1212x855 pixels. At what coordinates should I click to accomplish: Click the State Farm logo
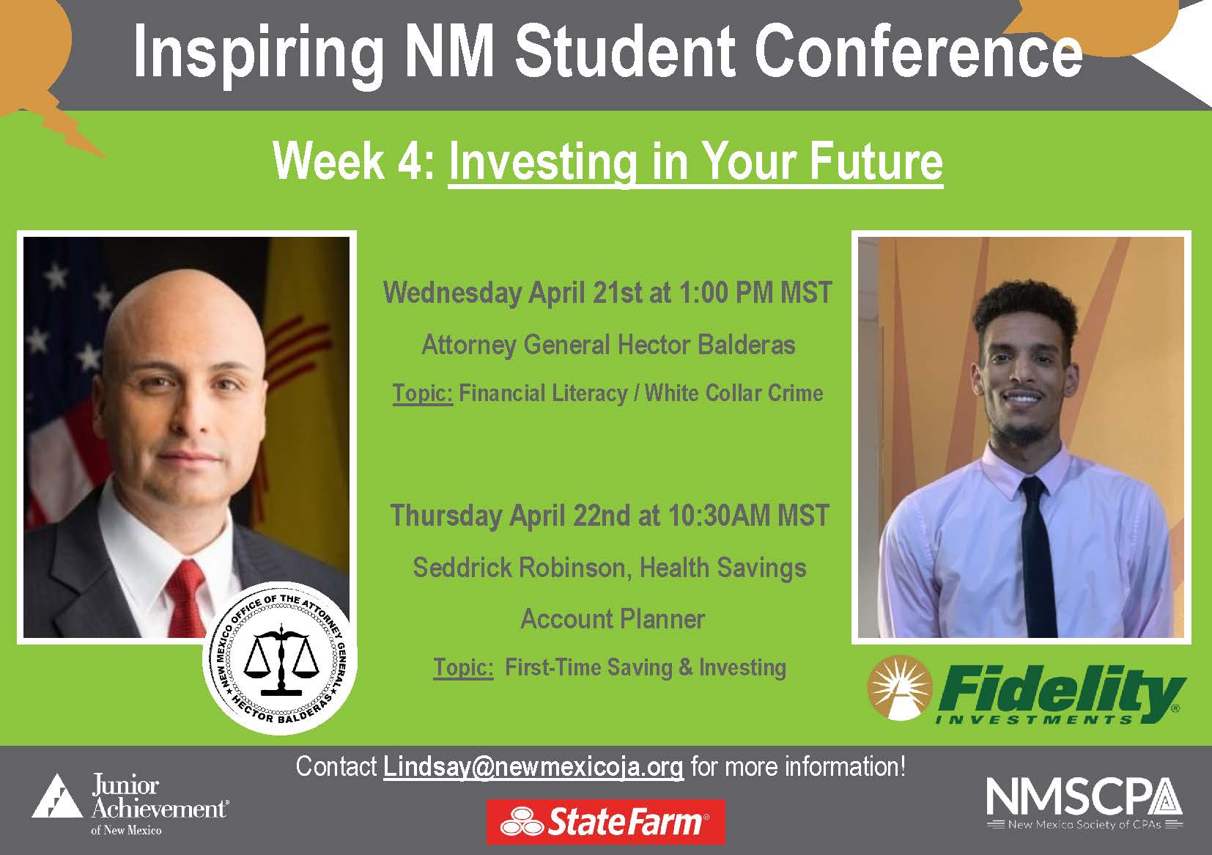[x=605, y=821]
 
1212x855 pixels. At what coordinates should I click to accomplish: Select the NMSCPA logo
[x=1084, y=803]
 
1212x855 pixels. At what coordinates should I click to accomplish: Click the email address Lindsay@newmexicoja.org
[x=533, y=767]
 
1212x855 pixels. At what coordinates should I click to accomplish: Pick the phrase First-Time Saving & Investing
[x=645, y=667]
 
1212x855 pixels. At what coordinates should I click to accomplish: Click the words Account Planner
[x=612, y=619]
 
